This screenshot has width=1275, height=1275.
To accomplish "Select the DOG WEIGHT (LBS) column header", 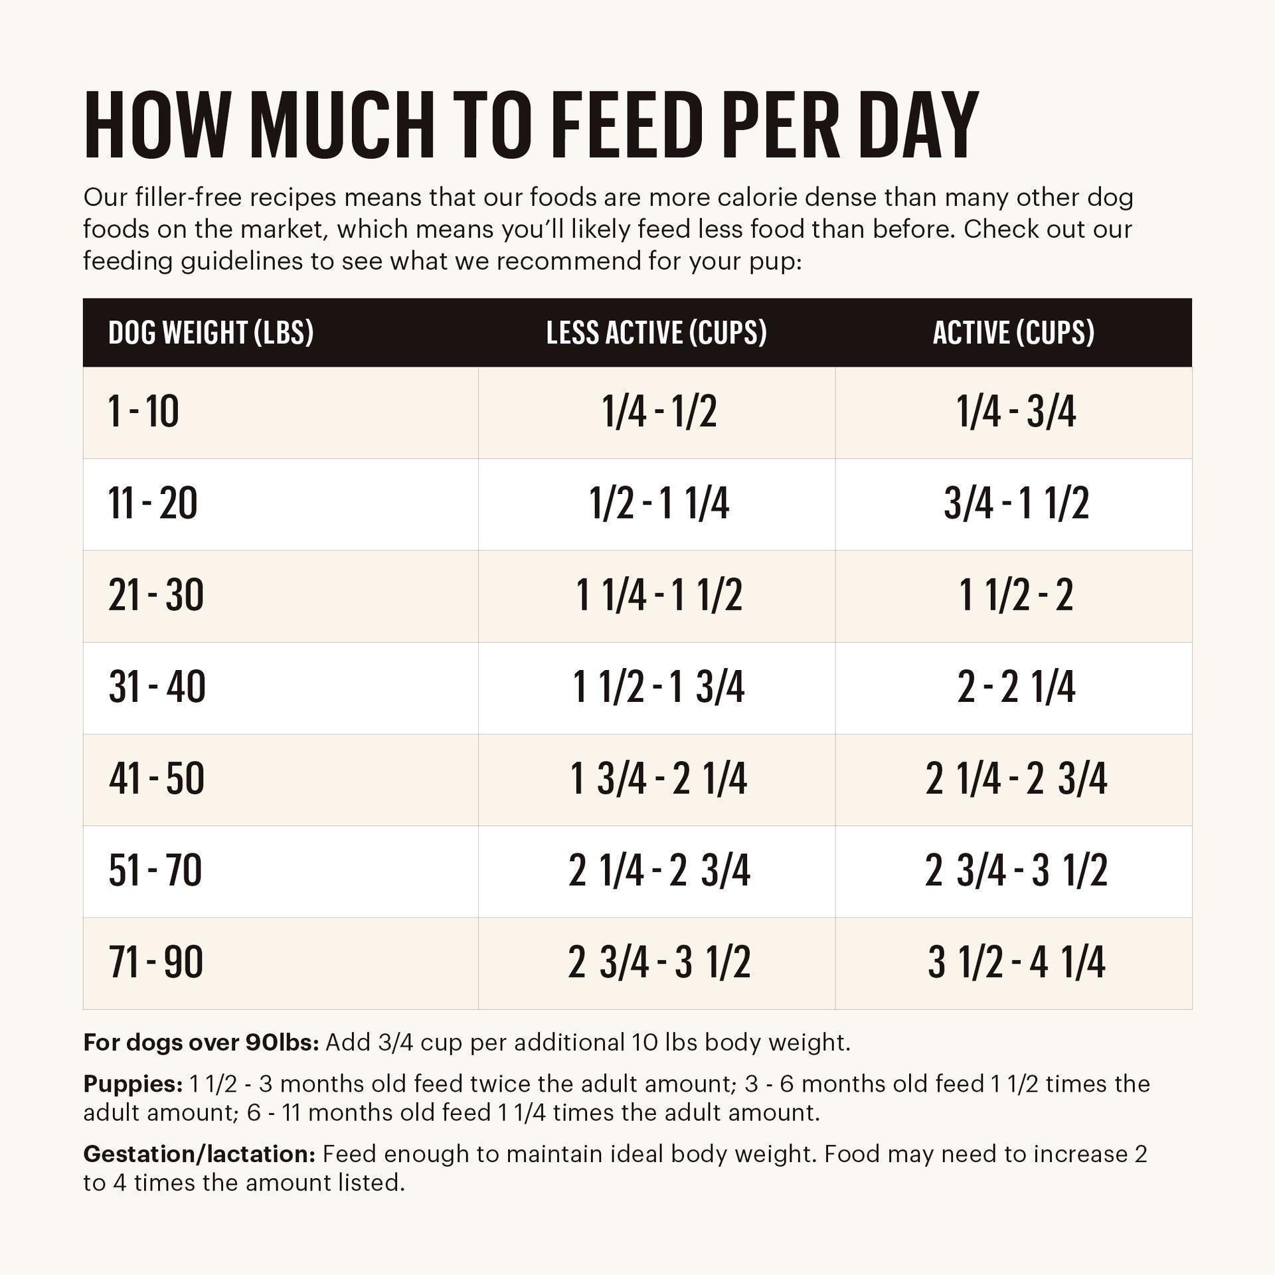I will tap(211, 333).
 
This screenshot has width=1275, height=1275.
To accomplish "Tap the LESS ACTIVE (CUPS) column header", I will tap(656, 333).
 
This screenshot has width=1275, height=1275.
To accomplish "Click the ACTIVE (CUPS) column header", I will tap(1013, 333).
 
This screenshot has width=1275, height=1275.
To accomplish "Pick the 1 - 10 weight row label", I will tap(143, 412).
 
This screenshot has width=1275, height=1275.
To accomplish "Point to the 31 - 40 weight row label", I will tap(157, 687).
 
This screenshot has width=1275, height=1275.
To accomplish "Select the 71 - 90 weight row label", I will tap(155, 962).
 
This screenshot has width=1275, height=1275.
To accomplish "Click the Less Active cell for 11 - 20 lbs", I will tap(659, 503).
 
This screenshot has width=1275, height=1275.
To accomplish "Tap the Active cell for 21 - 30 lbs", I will tap(1016, 595).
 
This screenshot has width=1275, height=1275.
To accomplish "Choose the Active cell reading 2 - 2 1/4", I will tap(1016, 687).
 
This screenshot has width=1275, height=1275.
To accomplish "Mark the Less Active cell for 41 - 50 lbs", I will tap(659, 779).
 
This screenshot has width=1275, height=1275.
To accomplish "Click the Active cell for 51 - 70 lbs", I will tap(1016, 871).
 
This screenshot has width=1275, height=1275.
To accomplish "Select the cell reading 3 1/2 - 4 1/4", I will tap(1016, 962).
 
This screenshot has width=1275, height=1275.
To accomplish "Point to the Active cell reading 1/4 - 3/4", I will tap(1016, 412).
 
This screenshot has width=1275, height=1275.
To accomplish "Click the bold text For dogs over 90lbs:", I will tap(201, 1043).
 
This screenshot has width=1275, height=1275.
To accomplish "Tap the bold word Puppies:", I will tap(133, 1084).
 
